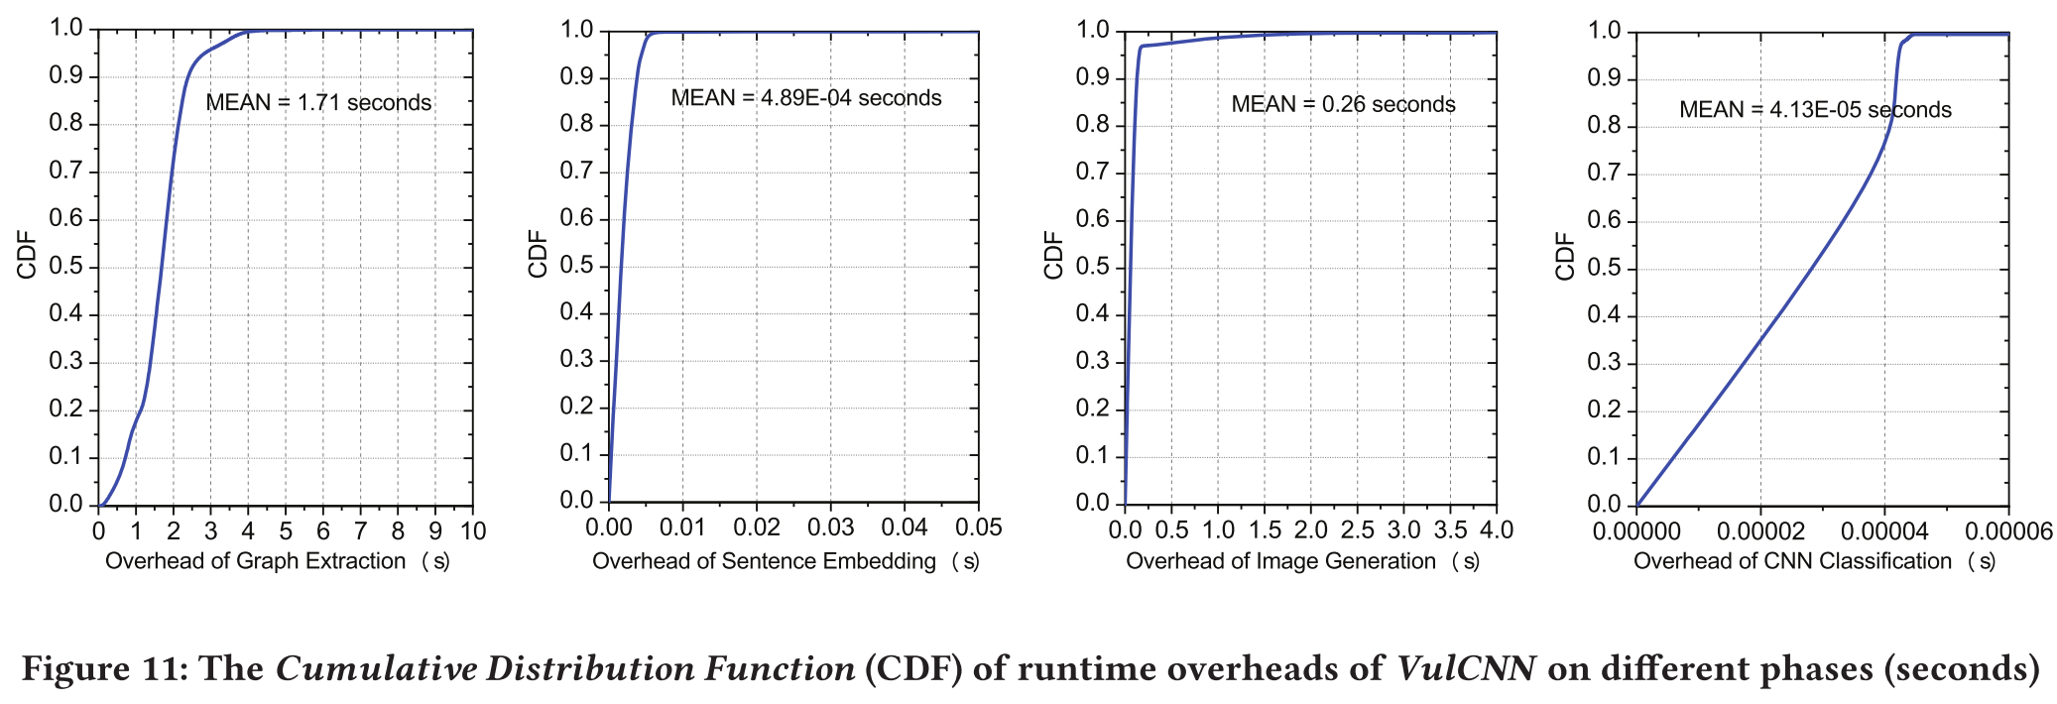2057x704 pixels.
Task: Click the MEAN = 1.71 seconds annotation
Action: (318, 102)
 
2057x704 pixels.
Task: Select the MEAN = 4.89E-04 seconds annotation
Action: (806, 97)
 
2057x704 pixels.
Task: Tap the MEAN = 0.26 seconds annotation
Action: (1343, 104)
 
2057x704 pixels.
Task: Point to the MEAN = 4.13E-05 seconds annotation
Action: (1815, 109)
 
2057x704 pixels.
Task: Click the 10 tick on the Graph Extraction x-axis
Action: (473, 531)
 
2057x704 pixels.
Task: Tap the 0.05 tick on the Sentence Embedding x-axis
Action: (979, 528)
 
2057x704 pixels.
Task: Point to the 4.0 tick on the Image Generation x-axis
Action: (1497, 530)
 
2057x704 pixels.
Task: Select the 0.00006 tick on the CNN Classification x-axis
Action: (2009, 531)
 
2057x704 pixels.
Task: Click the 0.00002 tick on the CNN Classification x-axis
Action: (1760, 531)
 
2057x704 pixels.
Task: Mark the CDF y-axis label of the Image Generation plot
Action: (1053, 255)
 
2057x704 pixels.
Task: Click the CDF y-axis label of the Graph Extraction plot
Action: (27, 255)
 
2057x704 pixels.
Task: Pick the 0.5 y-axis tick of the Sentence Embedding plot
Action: (577, 266)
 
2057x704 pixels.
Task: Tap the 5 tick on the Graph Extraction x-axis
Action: (286, 531)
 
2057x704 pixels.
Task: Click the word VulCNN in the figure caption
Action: (1466, 668)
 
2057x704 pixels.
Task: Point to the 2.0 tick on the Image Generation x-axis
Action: (1311, 530)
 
